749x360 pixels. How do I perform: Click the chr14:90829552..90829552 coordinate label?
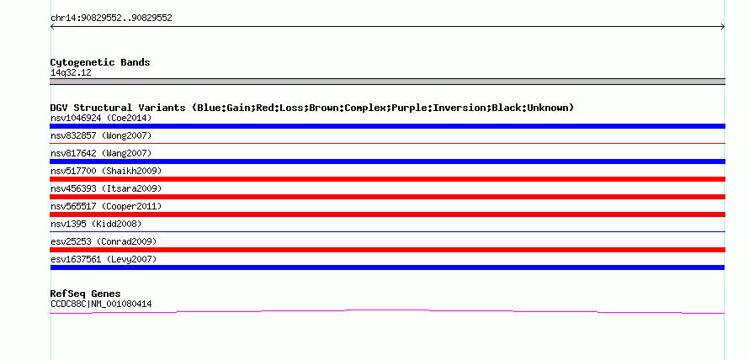point(111,19)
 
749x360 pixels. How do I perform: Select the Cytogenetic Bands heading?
point(100,62)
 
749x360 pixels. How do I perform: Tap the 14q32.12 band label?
point(71,73)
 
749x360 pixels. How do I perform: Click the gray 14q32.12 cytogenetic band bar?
point(387,82)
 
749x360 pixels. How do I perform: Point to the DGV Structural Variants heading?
point(312,108)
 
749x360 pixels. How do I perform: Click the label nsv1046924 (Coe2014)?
point(101,118)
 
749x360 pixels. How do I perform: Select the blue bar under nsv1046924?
point(387,126)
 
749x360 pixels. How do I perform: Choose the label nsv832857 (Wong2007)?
point(101,136)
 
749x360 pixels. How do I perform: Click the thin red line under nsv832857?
point(387,143)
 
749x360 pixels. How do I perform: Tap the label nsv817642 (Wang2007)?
point(101,154)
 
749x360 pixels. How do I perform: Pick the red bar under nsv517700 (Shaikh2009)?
point(387,179)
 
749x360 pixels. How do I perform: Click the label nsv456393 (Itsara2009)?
point(106,189)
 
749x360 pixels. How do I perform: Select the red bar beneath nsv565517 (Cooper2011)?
point(387,214)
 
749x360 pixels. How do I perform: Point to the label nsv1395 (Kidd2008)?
point(96,224)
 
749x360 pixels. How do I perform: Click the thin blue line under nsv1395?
point(387,231)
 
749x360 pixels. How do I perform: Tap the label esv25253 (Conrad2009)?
point(104,242)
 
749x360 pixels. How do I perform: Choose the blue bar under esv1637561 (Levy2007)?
point(387,267)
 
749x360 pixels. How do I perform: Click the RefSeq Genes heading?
point(86,294)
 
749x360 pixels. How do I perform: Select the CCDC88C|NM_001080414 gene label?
point(101,304)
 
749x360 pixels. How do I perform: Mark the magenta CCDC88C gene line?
point(387,310)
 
